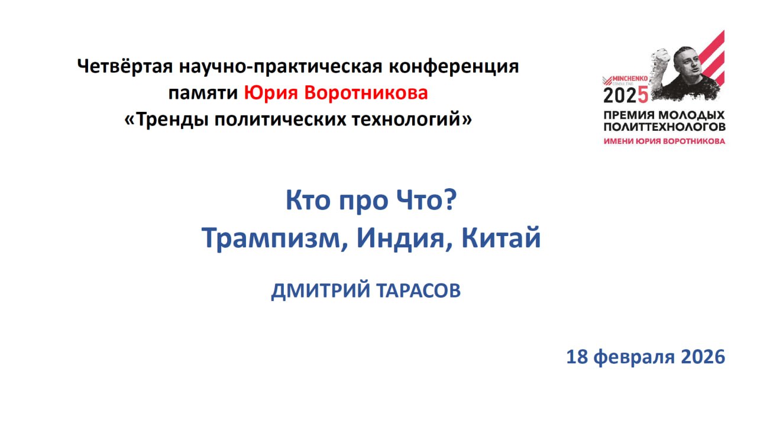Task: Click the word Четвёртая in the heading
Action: coord(125,66)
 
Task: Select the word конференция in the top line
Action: coord(454,67)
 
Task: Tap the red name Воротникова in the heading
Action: coord(366,93)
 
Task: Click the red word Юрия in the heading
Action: coord(271,93)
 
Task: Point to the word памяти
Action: coord(203,93)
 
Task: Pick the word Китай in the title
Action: coord(501,237)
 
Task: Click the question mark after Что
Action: coord(451,199)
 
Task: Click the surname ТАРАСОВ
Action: coord(418,291)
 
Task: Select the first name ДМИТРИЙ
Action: coord(321,291)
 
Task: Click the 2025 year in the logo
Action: coord(626,95)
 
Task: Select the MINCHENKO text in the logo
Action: coord(630,79)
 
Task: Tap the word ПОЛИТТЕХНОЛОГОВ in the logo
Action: coord(664,127)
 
